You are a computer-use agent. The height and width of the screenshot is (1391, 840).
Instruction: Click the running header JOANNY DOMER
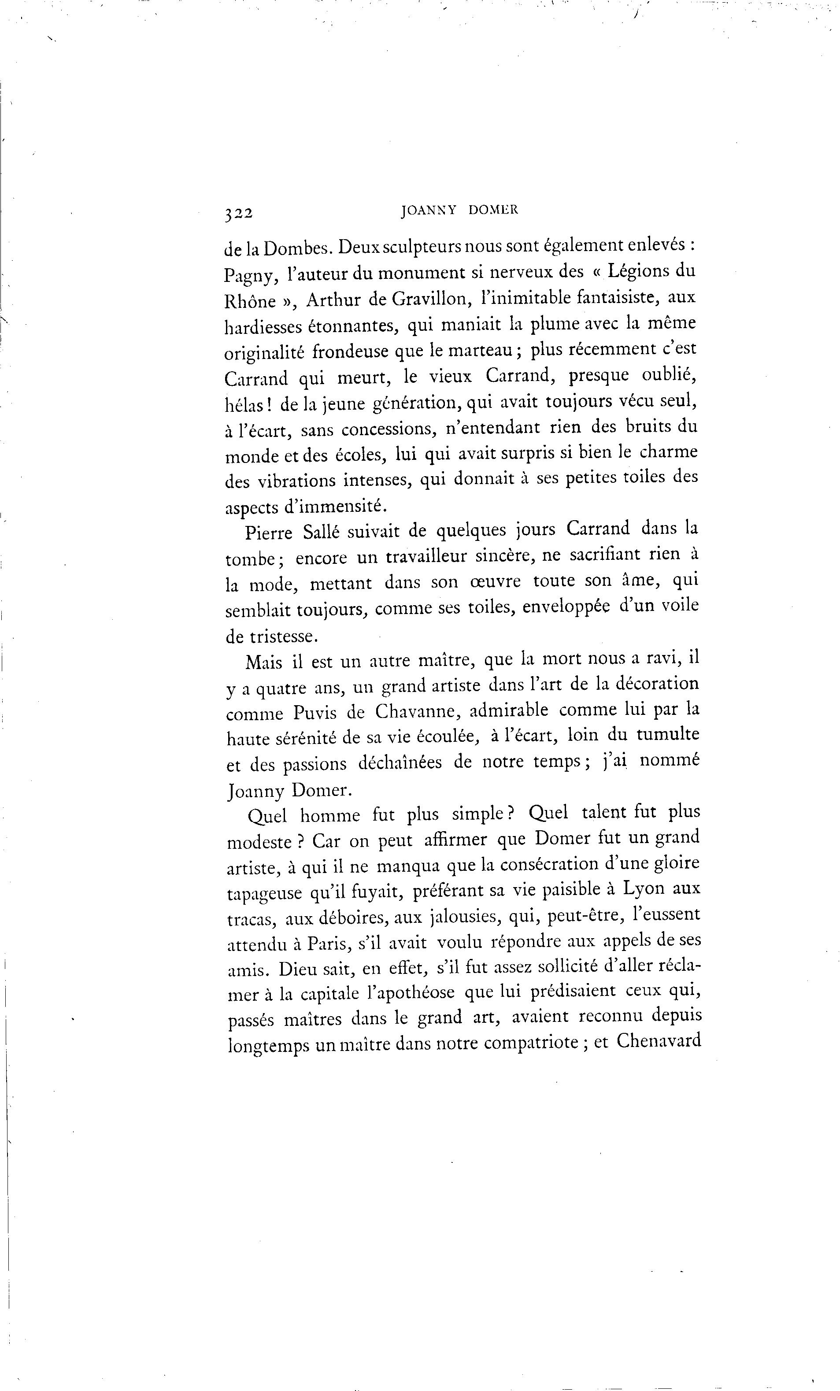point(459,211)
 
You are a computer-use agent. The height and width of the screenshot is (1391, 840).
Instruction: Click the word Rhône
point(250,301)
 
